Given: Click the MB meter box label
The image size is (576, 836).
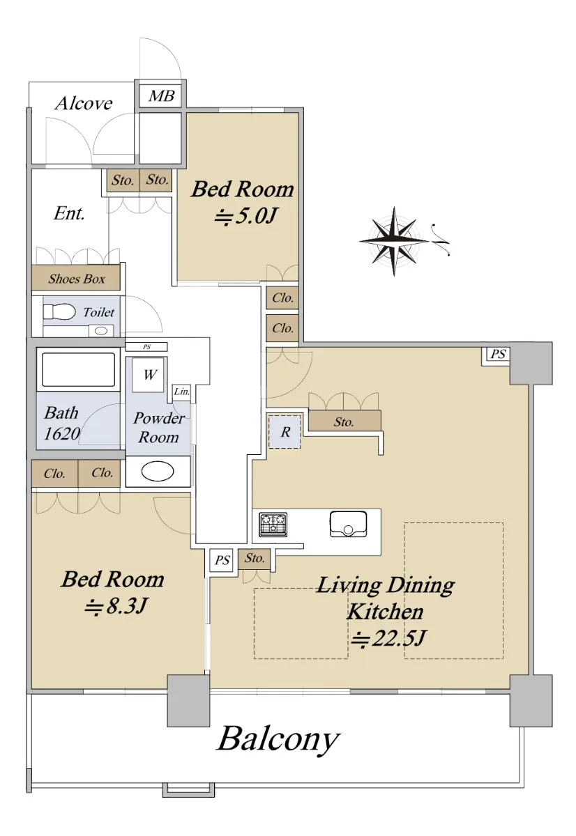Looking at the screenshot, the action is (x=161, y=96).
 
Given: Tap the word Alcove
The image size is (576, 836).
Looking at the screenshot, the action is (x=83, y=103).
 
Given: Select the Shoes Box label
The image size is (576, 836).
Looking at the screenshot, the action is (x=76, y=279).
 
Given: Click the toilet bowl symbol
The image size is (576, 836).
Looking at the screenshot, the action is (x=59, y=311).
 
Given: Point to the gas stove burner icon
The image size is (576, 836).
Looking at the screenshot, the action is (x=273, y=525).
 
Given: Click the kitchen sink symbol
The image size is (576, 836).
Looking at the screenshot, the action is (x=348, y=524).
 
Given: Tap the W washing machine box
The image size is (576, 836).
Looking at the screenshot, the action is (x=149, y=375).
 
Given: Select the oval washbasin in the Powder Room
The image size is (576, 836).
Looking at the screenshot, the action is (x=158, y=472).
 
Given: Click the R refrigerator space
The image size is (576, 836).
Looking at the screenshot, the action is (x=285, y=431).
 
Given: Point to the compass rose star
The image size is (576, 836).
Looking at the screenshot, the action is (x=394, y=242).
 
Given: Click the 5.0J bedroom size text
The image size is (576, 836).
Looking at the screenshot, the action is (x=245, y=216).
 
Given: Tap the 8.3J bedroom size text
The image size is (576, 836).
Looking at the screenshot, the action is (x=116, y=607).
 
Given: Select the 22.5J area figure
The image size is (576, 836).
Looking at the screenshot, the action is (x=388, y=638).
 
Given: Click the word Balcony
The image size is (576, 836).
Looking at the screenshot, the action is (x=278, y=738).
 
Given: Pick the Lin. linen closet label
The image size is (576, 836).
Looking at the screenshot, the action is (x=182, y=392).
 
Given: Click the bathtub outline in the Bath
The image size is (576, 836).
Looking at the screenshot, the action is (x=78, y=369).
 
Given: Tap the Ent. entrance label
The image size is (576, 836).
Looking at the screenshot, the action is (x=69, y=213).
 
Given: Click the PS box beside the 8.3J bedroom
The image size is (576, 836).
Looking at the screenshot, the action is (x=222, y=560).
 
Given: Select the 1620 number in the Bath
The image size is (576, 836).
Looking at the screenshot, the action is (x=61, y=433).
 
